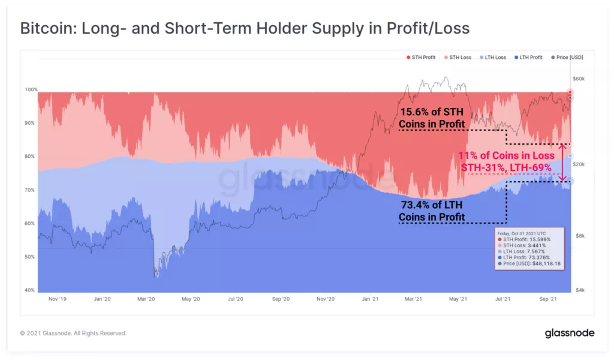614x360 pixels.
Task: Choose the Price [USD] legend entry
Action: (567, 58)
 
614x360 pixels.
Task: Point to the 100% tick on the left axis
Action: (31, 89)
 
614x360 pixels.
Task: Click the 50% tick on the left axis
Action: (31, 257)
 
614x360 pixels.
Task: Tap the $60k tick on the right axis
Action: (578, 79)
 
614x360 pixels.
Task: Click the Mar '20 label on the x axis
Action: (147, 298)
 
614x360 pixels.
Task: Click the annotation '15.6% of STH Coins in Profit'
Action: (432, 118)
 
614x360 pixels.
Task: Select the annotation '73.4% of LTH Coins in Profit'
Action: (432, 210)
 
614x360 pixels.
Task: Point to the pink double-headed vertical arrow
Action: (562, 162)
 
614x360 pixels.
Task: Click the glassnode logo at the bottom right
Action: (569, 333)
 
